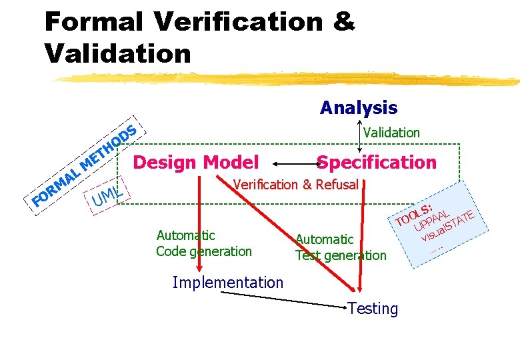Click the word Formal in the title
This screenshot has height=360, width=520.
click(94, 21)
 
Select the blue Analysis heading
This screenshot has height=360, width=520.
click(358, 107)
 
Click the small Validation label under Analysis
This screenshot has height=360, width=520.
click(391, 133)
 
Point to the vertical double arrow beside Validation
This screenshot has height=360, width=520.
click(361, 137)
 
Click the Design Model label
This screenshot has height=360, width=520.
click(196, 162)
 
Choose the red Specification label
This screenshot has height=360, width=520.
click(377, 162)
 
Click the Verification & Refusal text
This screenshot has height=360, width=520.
click(296, 185)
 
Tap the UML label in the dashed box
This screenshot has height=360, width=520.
click(107, 195)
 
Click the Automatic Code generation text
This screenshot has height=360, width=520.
click(203, 243)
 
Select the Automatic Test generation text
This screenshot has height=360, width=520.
click(340, 247)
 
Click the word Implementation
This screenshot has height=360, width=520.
click(227, 282)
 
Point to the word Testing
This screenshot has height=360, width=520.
click(373, 309)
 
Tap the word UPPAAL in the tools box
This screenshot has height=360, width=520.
click(430, 222)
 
